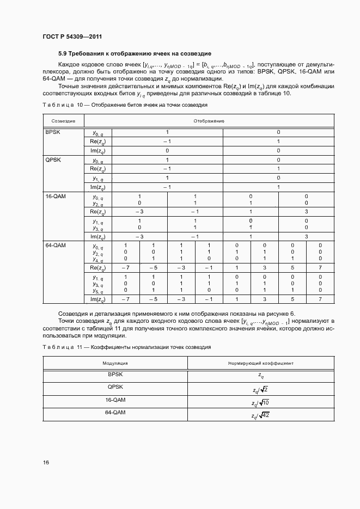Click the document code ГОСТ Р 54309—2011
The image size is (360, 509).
pyautogui.click(x=72, y=36)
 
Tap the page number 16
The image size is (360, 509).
pyautogui.click(x=46, y=462)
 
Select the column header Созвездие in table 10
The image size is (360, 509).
pyautogui.click(x=63, y=120)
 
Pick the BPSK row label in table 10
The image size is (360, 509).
pyautogui.click(x=53, y=132)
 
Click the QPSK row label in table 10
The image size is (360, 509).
pyautogui.click(x=53, y=160)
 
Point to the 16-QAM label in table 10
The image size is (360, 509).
pyautogui.click(x=56, y=196)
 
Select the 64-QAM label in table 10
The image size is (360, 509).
pyautogui.click(x=56, y=246)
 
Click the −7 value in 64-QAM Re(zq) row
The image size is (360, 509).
pyautogui.click(x=125, y=268)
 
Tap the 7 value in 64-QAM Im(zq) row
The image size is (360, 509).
pyautogui.click(x=320, y=299)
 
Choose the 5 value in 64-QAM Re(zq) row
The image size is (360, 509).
pyautogui.click(x=292, y=268)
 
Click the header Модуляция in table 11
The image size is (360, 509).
pyautogui.click(x=115, y=363)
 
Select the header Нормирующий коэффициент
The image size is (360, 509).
pyautogui.click(x=260, y=363)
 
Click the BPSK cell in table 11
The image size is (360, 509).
pyautogui.click(x=115, y=375)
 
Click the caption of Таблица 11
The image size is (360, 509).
pyautogui.click(x=126, y=347)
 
